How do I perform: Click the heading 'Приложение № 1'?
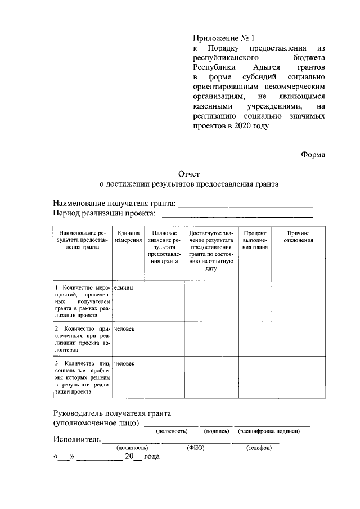tap(224, 39)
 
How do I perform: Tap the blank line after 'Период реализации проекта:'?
tap(237, 214)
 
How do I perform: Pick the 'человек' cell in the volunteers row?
tap(124, 328)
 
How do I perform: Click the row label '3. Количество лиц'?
tap(83, 377)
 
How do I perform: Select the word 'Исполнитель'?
tap(77, 439)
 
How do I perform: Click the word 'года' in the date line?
tap(151, 457)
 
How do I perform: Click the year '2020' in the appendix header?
tap(237, 126)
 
